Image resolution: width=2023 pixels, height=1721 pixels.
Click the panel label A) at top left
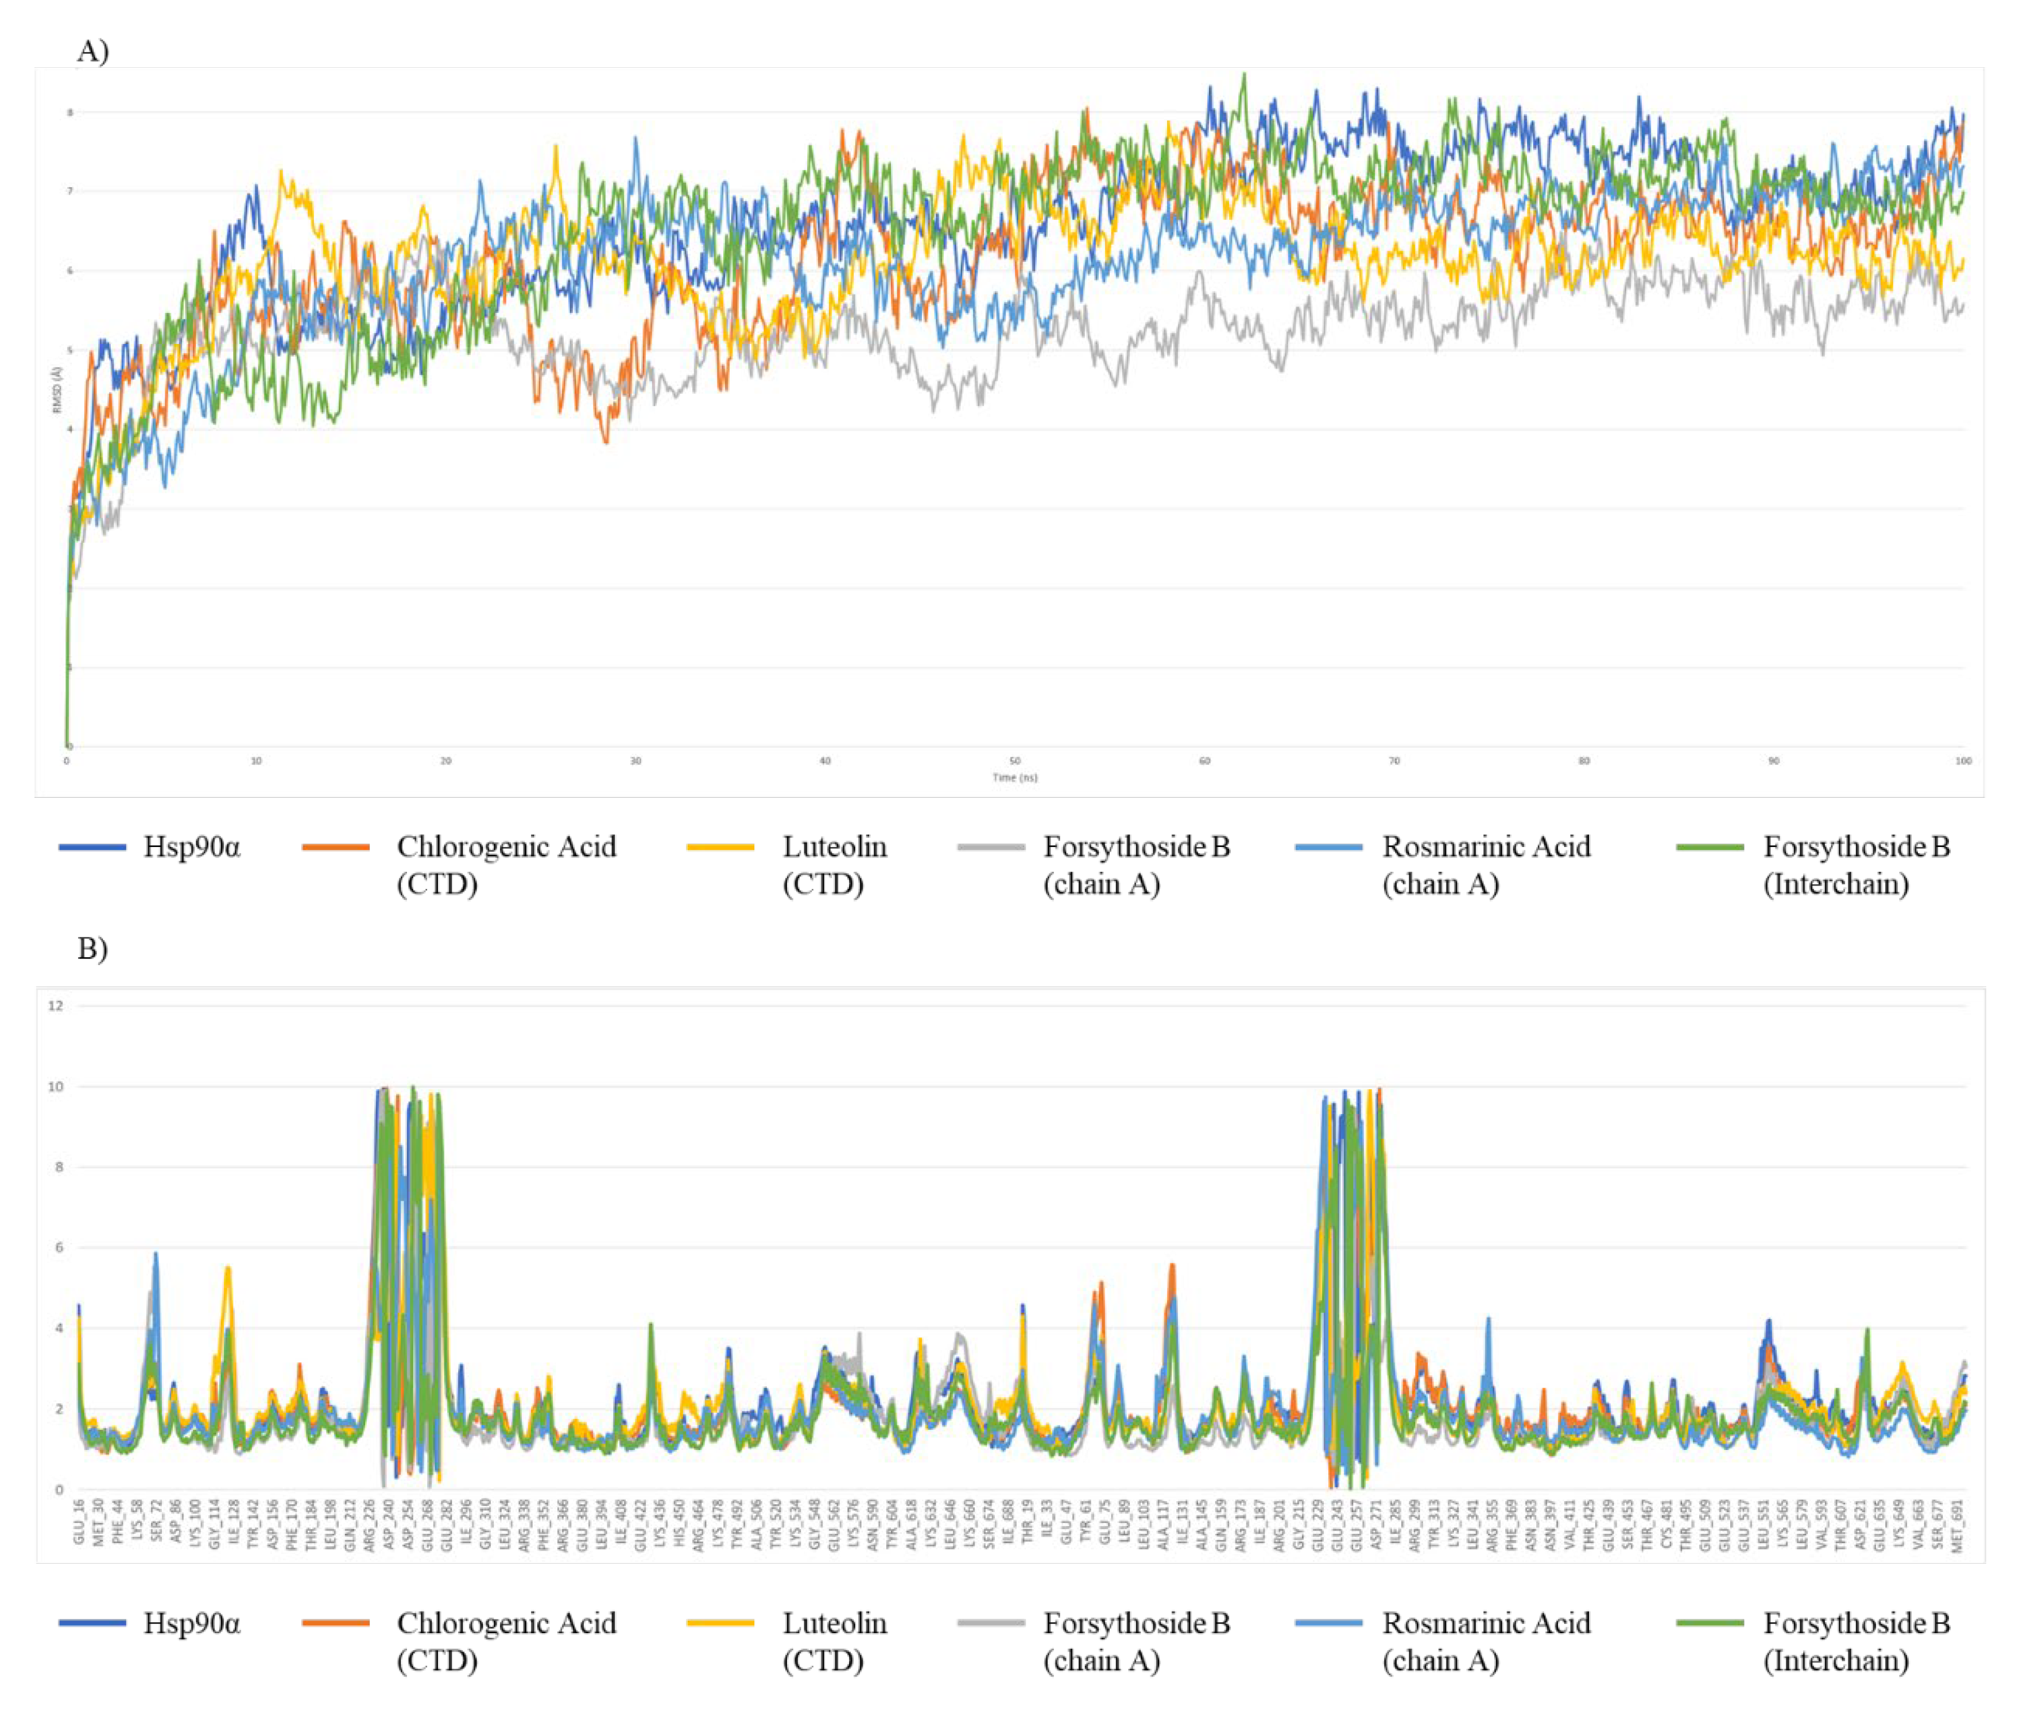click(92, 50)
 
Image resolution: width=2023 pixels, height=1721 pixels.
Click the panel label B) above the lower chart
click(92, 947)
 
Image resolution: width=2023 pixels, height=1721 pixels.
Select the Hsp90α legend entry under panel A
click(191, 847)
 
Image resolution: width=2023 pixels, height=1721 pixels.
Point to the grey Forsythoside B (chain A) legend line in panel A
click(990, 848)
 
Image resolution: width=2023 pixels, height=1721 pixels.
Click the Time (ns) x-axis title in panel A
click(1014, 778)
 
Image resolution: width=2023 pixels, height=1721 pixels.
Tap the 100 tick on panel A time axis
click(1963, 761)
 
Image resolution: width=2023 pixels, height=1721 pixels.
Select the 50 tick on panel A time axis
click(1014, 761)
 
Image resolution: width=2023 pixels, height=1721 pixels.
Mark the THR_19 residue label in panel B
click(1027, 1522)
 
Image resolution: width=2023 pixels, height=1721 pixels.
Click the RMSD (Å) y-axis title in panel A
click(57, 390)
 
